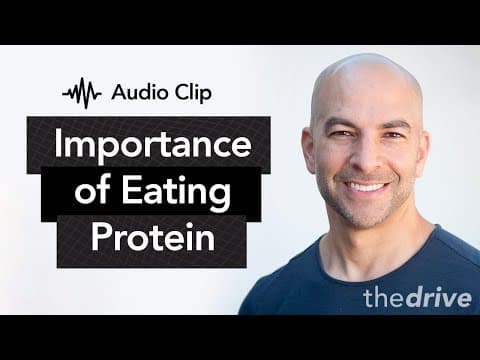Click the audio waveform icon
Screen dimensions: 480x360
(82, 93)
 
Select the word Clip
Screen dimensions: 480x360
(194, 92)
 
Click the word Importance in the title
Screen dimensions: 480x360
(153, 145)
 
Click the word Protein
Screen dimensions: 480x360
(153, 236)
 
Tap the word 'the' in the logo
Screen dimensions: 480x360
(384, 298)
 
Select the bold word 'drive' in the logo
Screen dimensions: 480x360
(438, 298)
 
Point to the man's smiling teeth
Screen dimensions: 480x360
(366, 187)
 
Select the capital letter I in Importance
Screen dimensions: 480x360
(58, 142)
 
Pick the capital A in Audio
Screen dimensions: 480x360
(120, 92)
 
